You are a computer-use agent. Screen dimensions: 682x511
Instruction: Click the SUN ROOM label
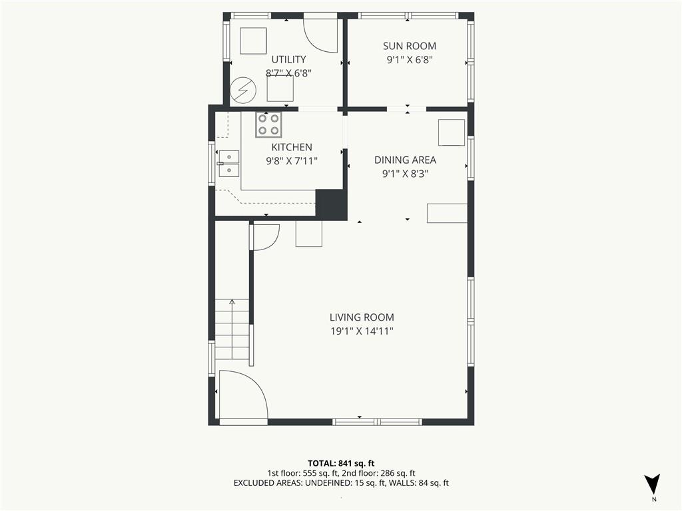[410, 46]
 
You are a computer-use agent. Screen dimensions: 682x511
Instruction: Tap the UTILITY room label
[288, 59]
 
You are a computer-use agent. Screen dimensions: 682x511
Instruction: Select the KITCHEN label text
[292, 147]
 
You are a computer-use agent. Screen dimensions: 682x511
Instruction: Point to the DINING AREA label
[405, 160]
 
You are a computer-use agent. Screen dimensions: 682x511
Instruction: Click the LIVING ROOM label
[362, 317]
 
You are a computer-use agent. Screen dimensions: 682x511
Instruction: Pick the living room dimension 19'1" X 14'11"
[362, 331]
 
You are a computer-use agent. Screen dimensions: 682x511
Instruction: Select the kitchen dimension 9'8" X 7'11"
[292, 161]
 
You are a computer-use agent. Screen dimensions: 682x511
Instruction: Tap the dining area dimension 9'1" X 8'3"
[405, 174]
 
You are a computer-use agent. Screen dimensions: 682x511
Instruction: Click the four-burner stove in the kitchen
[268, 124]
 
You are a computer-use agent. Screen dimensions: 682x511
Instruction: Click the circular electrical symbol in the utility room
[242, 90]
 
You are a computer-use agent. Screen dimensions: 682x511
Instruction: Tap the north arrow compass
[652, 484]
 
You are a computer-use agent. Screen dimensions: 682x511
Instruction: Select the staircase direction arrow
[232, 329]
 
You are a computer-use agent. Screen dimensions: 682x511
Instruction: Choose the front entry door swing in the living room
[244, 395]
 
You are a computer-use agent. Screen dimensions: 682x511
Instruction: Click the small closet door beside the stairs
[264, 238]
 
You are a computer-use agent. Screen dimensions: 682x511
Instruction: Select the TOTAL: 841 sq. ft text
[341, 463]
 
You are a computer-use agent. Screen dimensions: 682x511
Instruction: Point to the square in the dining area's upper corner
[451, 132]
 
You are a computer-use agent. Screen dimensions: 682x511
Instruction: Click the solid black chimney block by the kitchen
[331, 204]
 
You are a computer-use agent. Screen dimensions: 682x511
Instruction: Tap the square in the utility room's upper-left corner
[253, 41]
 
